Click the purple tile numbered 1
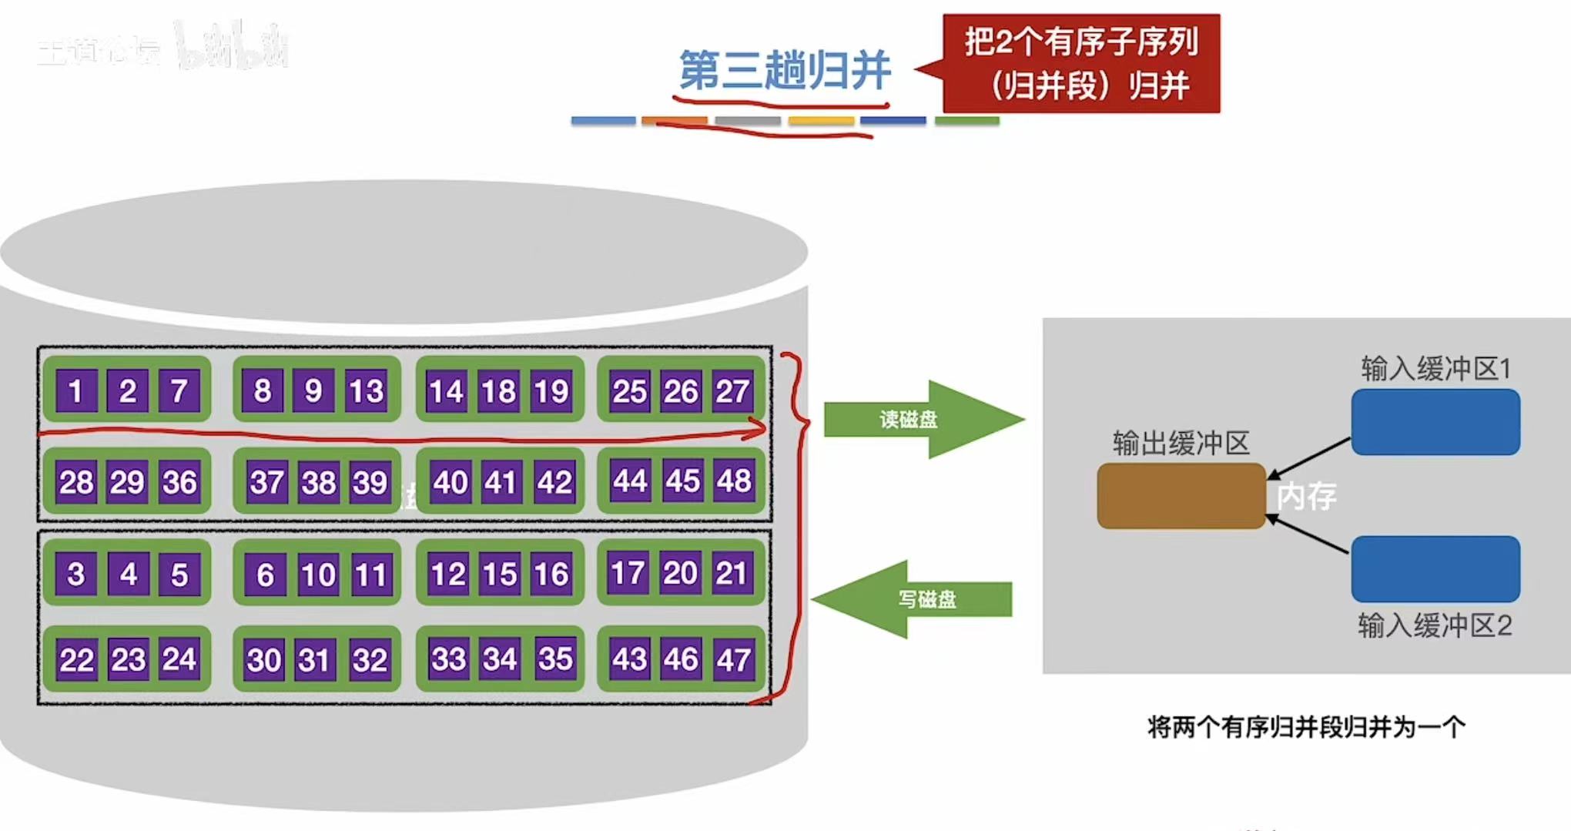[75, 390]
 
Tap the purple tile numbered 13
[366, 390]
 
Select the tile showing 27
[732, 390]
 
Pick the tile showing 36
[179, 482]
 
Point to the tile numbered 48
[733, 481]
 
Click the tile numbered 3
[75, 574]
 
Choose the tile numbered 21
[731, 573]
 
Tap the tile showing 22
[76, 660]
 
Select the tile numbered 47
[732, 660]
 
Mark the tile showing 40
[450, 482]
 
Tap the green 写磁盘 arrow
[916, 599]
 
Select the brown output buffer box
[1181, 496]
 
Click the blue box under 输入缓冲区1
[1435, 422]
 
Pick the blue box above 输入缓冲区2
[1435, 569]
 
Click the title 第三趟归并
[784, 71]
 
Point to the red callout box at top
[1081, 63]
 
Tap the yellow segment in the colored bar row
[821, 121]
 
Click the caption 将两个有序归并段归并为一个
[1306, 727]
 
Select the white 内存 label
[1306, 496]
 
